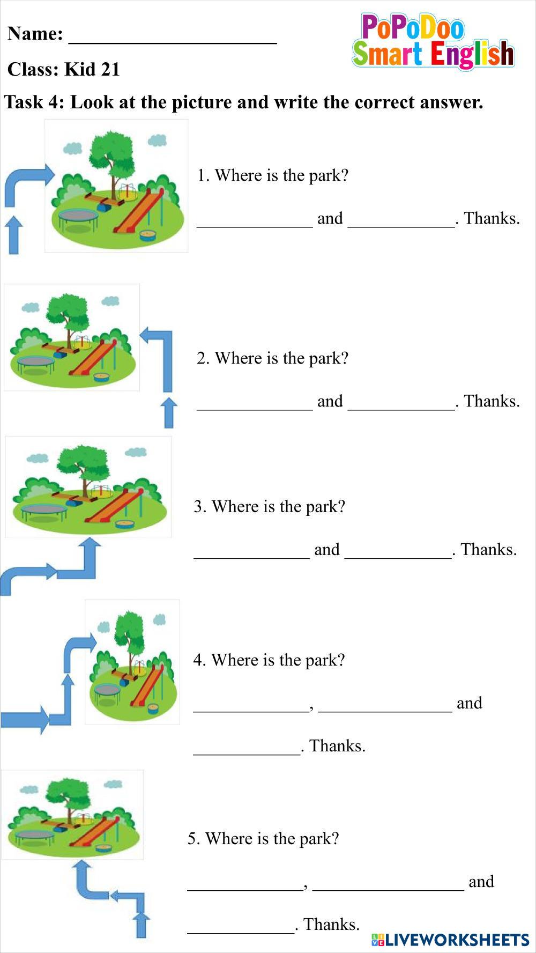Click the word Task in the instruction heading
[26, 102]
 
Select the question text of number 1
[273, 175]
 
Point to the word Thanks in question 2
[491, 401]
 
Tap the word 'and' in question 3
[327, 550]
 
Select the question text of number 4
[269, 660]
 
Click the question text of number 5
[263, 838]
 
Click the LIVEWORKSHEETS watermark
[450, 939]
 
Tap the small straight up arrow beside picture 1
[13, 234]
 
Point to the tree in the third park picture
[80, 467]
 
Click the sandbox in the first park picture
[147, 235]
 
